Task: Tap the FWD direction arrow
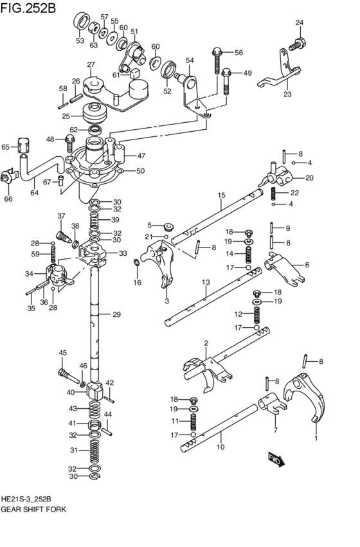pos(275,461)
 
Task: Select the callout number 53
pos(80,40)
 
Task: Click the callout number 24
pos(299,23)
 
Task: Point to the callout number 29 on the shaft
pos(116,314)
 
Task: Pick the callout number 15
pos(221,195)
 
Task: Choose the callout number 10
pos(221,447)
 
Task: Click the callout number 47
pos(141,156)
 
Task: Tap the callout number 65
pos(6,147)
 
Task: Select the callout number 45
pos(63,352)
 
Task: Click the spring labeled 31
pos(94,453)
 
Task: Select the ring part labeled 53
pos(80,21)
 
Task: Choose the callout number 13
pos(206,282)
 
